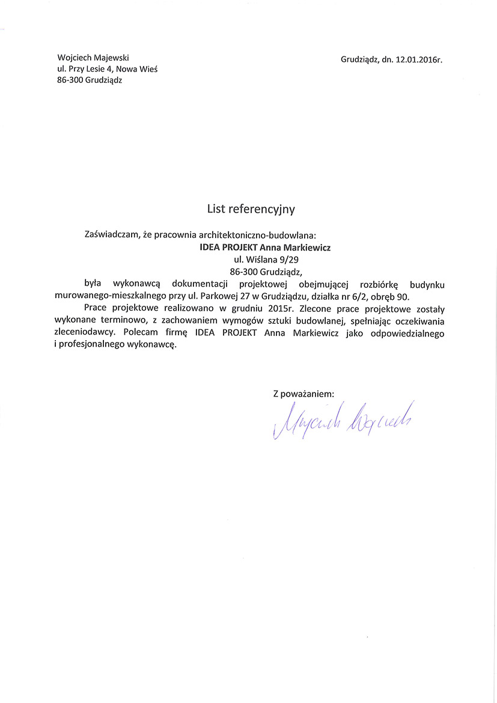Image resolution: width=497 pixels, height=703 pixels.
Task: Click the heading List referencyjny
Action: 251,208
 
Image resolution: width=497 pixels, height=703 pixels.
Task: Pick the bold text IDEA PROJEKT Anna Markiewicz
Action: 265,247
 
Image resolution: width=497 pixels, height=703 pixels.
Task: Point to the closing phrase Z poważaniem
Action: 303,394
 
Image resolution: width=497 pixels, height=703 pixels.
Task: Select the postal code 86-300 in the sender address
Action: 70,81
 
